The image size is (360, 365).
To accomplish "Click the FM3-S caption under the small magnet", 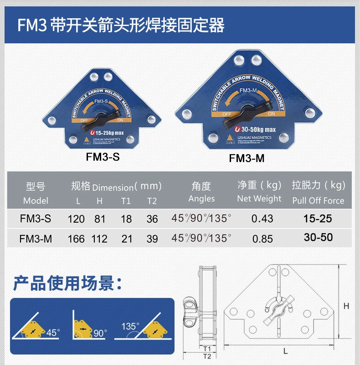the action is [103, 156].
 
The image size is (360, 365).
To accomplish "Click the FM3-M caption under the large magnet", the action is [247, 158].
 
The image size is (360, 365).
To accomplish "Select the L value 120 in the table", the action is [76, 219].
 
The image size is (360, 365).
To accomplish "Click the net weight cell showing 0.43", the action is [262, 219].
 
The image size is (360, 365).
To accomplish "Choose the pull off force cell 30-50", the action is [319, 237].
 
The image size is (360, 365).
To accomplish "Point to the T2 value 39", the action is [152, 239].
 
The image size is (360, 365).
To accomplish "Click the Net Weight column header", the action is [259, 198].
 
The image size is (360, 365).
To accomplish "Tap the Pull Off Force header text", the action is [319, 200].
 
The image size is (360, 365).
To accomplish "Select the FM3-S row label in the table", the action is [36, 219].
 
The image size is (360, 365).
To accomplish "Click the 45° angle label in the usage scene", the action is [53, 333].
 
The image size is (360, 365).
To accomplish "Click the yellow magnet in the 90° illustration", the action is [83, 328].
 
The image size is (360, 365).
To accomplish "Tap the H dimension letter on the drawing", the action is [346, 306].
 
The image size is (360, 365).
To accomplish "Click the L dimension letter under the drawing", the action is [285, 351].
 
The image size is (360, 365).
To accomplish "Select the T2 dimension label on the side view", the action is [206, 356].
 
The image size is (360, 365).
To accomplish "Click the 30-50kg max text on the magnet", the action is [258, 129].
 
